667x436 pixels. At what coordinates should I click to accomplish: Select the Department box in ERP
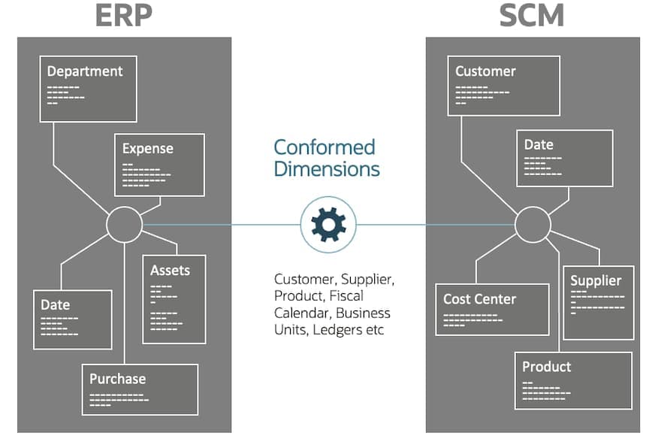pos(89,88)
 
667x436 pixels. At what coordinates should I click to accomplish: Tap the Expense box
pos(159,165)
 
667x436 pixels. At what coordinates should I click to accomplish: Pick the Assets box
pos(174,299)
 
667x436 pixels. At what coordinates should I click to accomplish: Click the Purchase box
pos(140,389)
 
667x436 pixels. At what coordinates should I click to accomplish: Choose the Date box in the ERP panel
pos(72,319)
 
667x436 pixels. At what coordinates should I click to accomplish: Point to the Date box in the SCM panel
pos(564,158)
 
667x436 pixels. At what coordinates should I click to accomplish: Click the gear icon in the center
pos(328,224)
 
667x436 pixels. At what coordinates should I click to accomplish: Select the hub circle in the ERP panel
pos(124,224)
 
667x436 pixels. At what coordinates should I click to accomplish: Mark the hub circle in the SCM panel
pos(533,224)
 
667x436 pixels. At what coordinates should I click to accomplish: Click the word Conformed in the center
pos(324,147)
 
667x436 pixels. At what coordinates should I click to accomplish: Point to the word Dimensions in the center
pos(326,168)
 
